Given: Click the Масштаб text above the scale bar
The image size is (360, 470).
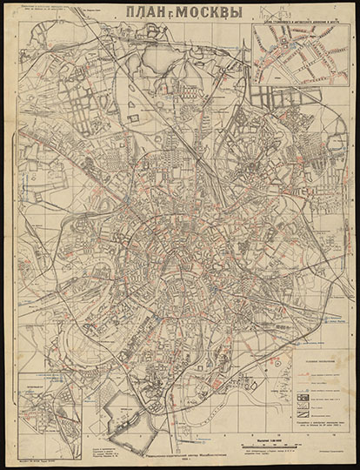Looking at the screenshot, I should (x=266, y=440).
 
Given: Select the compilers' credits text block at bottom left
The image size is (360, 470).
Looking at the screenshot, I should (x=103, y=446).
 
